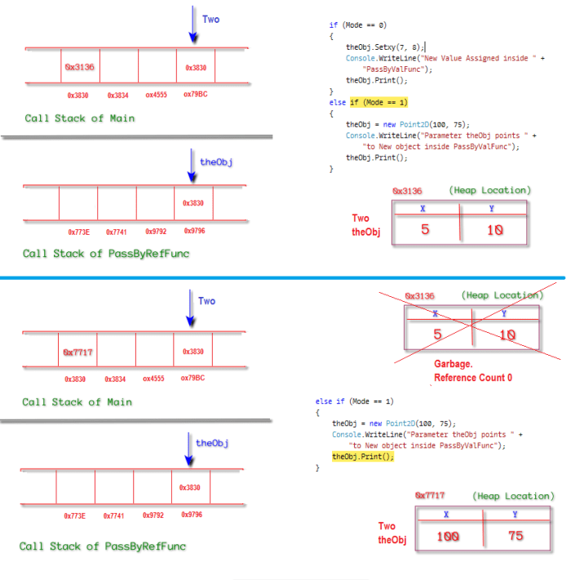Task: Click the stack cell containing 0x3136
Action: (80, 67)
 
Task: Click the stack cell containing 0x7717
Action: (78, 352)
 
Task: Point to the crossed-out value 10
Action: (507, 334)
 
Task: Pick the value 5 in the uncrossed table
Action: (424, 230)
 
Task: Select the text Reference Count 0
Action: (472, 378)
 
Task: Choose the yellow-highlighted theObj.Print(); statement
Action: (362, 457)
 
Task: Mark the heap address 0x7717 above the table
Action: (430, 495)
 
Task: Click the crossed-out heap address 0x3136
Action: (419, 296)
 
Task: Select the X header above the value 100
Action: (446, 514)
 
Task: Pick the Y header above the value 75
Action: (514, 514)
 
